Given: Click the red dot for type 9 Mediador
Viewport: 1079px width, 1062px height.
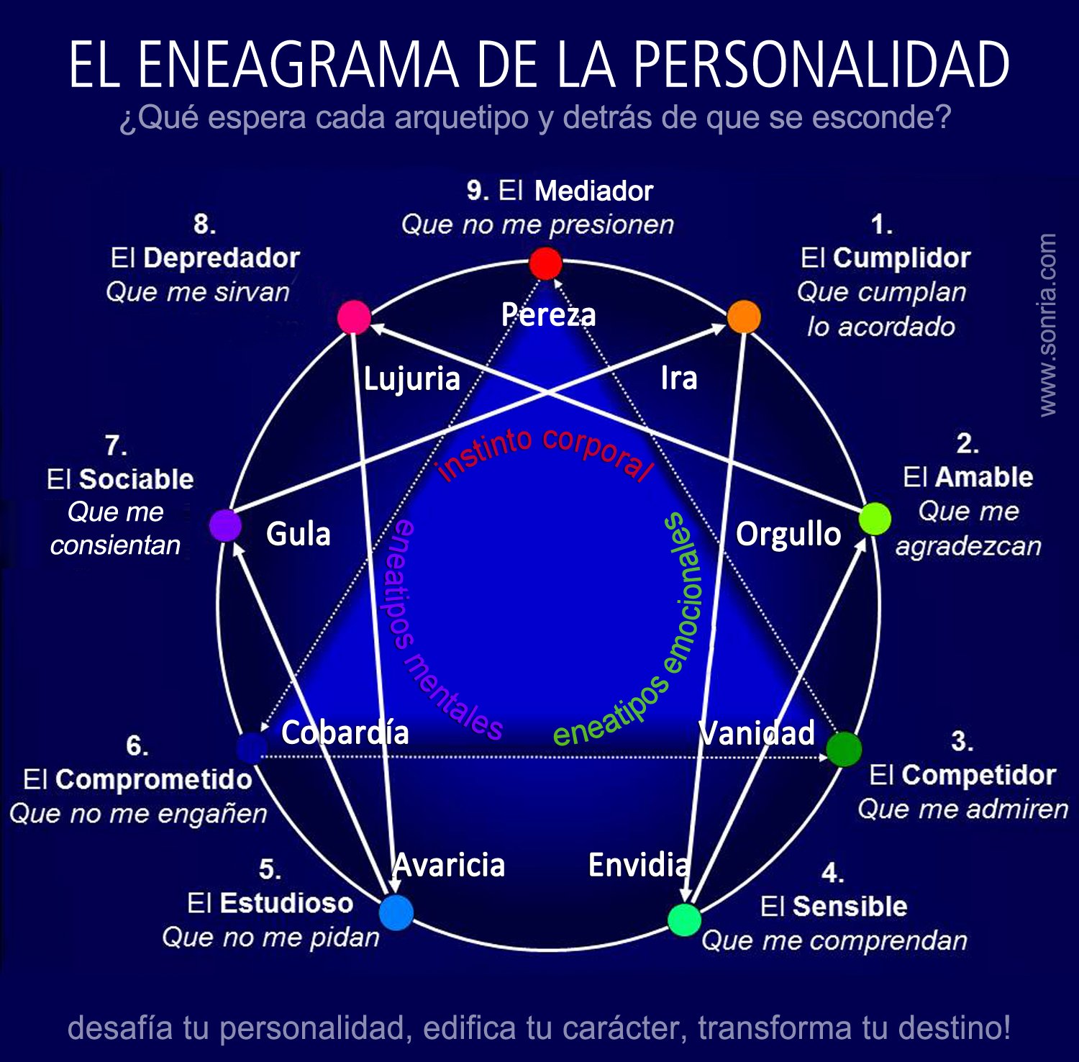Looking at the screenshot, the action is pyautogui.click(x=545, y=263).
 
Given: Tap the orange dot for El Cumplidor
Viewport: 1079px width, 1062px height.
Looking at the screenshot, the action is pyautogui.click(x=744, y=317).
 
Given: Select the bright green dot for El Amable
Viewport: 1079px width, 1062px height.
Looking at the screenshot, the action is pyautogui.click(x=875, y=518).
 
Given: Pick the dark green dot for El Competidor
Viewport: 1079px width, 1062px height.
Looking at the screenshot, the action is pyautogui.click(x=844, y=749).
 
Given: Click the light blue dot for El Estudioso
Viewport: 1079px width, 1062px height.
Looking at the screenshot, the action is pyautogui.click(x=396, y=912).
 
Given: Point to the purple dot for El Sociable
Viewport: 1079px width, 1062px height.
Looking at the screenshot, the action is pyautogui.click(x=225, y=525).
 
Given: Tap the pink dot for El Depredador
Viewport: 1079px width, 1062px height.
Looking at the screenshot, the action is pyautogui.click(x=354, y=317).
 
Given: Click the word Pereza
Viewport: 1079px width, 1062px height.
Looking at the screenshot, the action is pyautogui.click(x=548, y=314).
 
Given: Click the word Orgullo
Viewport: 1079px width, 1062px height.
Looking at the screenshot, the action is pyautogui.click(x=788, y=535).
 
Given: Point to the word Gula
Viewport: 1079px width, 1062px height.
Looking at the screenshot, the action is pyautogui.click(x=298, y=534).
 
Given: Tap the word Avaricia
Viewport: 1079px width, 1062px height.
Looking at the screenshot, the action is pyautogui.click(x=450, y=865).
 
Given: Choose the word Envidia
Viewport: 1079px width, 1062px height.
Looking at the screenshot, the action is pyautogui.click(x=639, y=865).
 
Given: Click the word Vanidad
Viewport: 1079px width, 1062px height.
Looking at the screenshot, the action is pyautogui.click(x=757, y=732).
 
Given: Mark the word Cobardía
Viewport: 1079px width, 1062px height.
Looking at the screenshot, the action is pyautogui.click(x=345, y=732).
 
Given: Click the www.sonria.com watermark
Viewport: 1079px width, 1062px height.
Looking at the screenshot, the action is pyautogui.click(x=1047, y=324).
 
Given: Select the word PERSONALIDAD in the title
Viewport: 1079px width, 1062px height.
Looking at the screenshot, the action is pyautogui.click(x=821, y=64).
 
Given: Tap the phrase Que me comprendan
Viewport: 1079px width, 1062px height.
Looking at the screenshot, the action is pyautogui.click(x=834, y=940).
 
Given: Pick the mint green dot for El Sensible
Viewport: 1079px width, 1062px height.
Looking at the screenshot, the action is pyautogui.click(x=684, y=919).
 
